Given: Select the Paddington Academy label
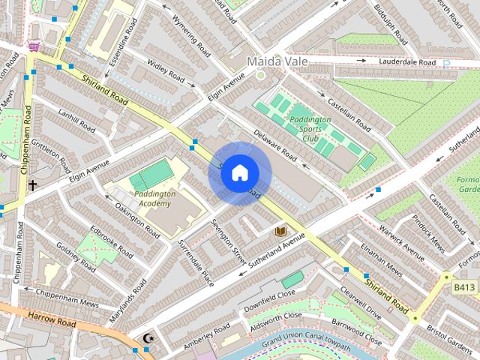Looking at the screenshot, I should pos(155,199).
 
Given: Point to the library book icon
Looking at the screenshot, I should pos(281,231).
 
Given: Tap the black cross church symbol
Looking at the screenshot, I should pos(32,184).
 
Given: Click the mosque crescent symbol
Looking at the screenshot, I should pos(148,339).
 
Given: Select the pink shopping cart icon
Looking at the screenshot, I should pos(34,46).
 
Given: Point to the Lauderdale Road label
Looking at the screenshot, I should pos(407,62).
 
